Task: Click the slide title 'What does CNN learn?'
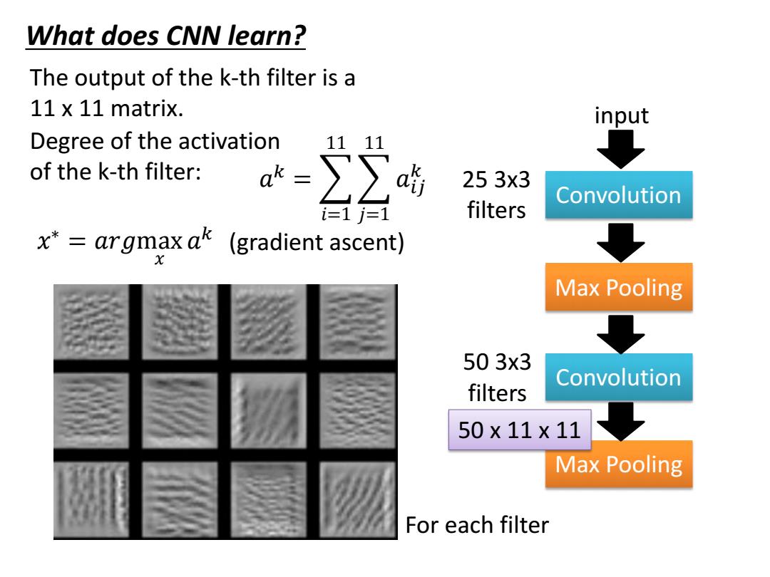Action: click(166, 36)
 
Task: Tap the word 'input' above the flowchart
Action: click(621, 115)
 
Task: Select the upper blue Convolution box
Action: click(619, 194)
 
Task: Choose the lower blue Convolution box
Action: click(619, 378)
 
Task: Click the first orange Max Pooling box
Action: click(619, 287)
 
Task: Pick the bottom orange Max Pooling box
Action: click(619, 464)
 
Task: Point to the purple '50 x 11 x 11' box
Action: click(520, 430)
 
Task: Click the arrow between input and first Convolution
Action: click(621, 149)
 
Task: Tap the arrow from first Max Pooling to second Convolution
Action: click(621, 335)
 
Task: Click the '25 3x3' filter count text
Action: click(496, 180)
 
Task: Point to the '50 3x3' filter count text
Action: click(497, 362)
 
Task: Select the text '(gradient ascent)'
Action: click(317, 242)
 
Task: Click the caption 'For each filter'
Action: click(477, 525)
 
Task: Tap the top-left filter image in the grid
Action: click(91, 322)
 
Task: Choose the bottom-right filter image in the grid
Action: click(357, 499)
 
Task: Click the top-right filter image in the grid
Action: click(357, 322)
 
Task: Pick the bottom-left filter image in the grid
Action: click(91, 499)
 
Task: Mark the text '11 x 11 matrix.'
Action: click(106, 108)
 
